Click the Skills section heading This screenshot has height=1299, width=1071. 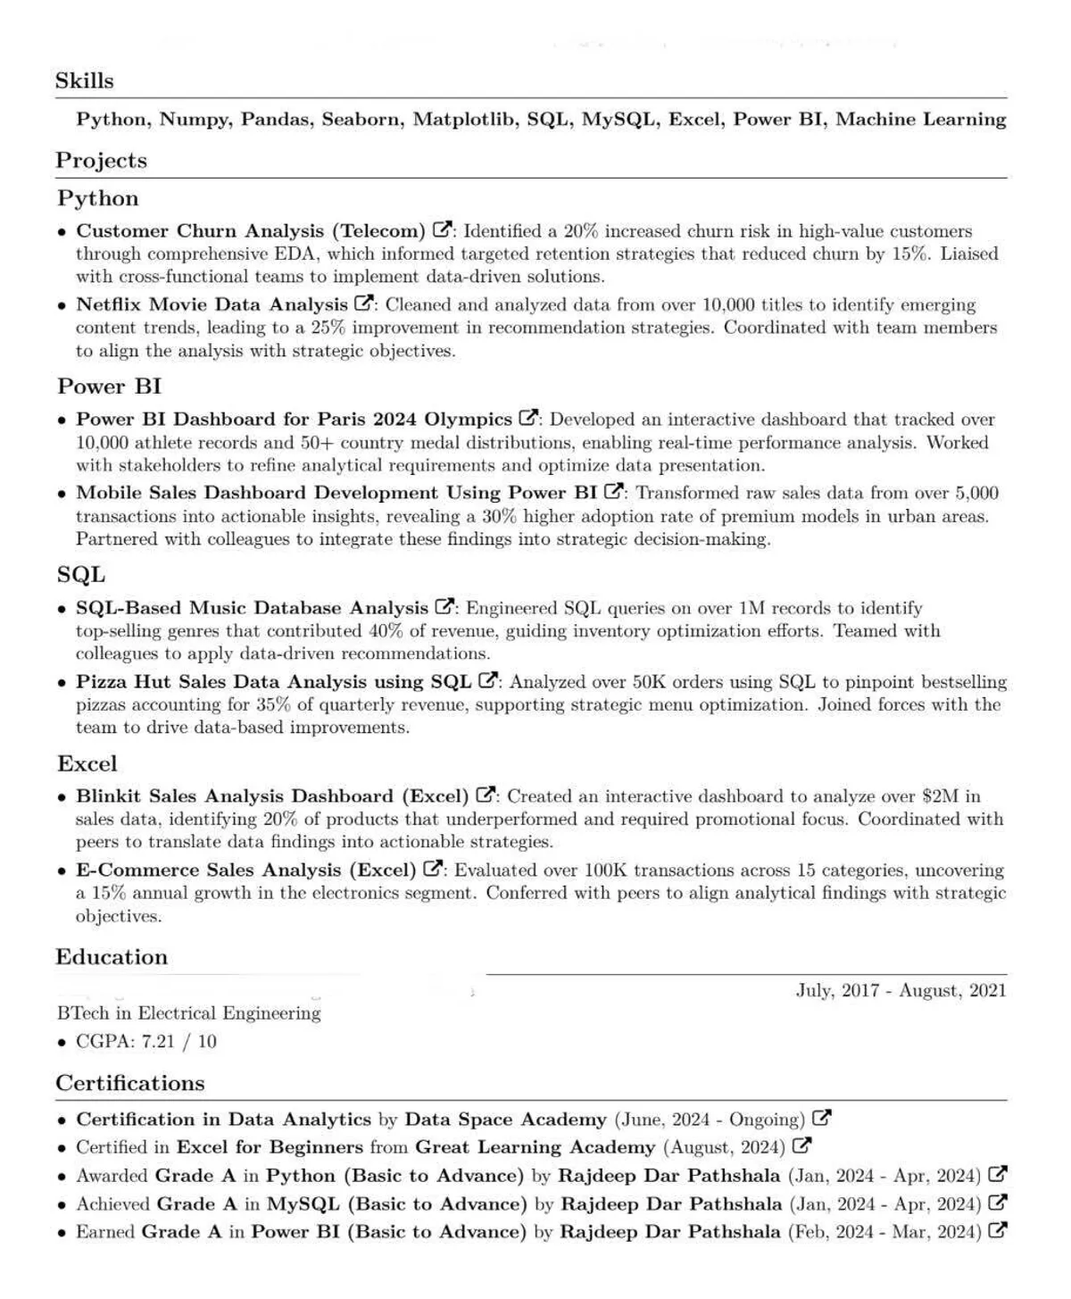[x=85, y=80]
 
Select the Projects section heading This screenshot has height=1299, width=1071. [x=101, y=161]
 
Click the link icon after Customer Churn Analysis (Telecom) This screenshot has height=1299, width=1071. [x=443, y=229]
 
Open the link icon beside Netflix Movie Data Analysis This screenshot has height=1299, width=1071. [x=364, y=304]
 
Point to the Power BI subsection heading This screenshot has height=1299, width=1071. [x=109, y=387]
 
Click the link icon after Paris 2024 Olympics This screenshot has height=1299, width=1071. [x=529, y=418]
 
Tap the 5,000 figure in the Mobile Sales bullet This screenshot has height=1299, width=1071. [x=976, y=493]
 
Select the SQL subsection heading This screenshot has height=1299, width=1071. [x=81, y=575]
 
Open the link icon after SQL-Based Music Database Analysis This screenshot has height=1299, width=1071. [x=444, y=606]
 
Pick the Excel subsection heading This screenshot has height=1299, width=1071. [x=87, y=764]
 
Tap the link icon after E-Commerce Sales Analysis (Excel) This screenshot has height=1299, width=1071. [x=434, y=869]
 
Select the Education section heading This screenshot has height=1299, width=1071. [x=112, y=957]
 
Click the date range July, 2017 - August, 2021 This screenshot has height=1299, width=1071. [x=901, y=990]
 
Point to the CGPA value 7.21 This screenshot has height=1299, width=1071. [x=159, y=1042]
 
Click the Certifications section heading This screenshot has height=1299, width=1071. [x=130, y=1083]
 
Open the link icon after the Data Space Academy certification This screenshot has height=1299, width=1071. [x=822, y=1118]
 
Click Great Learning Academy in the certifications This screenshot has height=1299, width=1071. [x=535, y=1147]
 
